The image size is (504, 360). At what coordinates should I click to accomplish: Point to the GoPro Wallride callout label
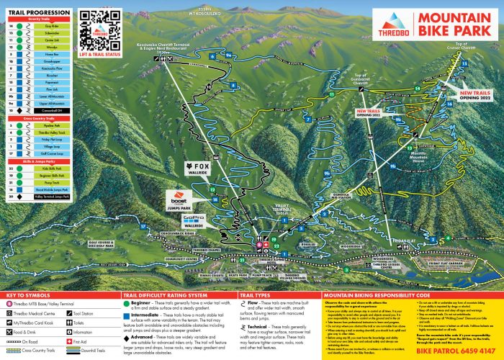pos(194,220)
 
